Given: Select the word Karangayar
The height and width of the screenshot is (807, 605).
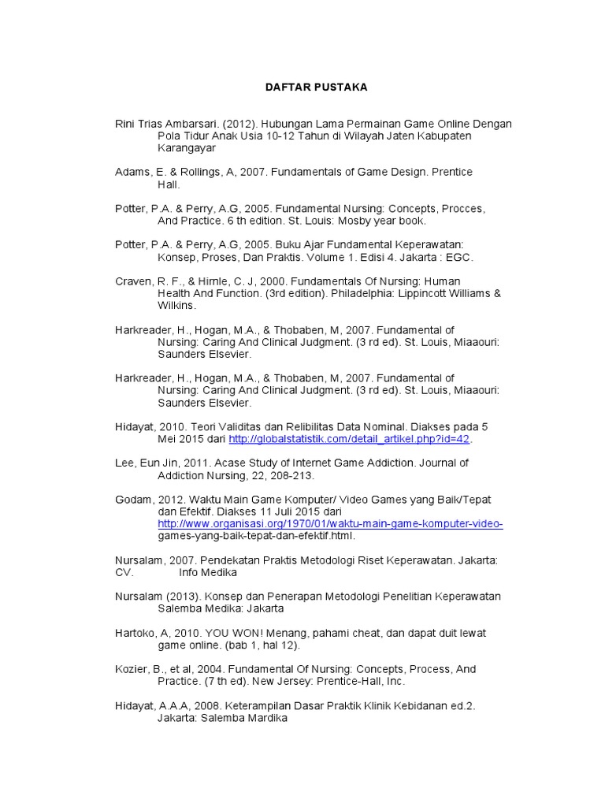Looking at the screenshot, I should point(187,148).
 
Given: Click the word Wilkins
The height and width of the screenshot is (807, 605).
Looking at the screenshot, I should point(177,306).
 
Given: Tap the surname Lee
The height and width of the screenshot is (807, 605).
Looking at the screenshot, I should point(126,463).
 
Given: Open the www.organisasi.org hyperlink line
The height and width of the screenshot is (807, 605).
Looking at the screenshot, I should point(330,524).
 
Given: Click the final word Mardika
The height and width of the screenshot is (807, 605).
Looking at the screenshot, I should point(266,718).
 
